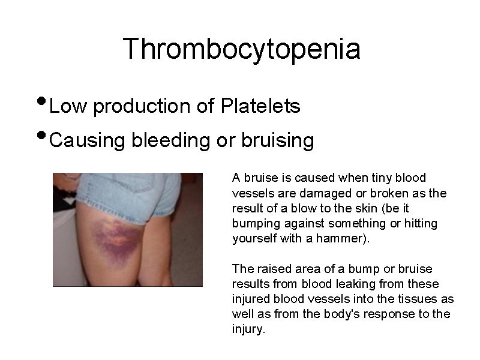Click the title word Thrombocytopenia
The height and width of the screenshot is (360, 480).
pyautogui.click(x=242, y=49)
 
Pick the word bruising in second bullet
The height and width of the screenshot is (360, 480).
pyautogui.click(x=278, y=140)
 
